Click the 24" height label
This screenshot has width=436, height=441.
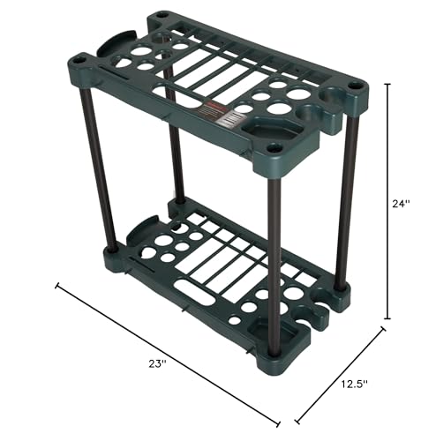tap(402, 203)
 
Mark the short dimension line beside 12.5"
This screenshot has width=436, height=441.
tap(340, 375)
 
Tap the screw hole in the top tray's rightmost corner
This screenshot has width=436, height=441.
tap(355, 87)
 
